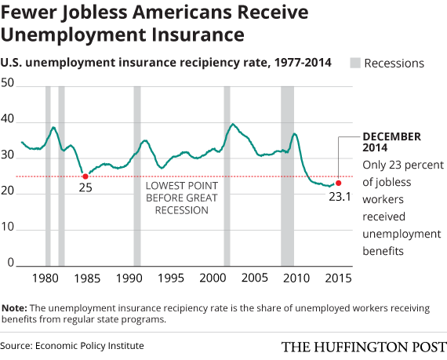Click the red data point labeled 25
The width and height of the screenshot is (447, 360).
[x=85, y=176]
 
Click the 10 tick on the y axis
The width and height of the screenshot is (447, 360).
[x=12, y=227]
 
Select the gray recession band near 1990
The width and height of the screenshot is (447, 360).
[x=137, y=176]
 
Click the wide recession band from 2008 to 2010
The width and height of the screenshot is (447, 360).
[x=288, y=176]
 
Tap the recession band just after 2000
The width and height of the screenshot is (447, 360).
[x=227, y=176]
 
